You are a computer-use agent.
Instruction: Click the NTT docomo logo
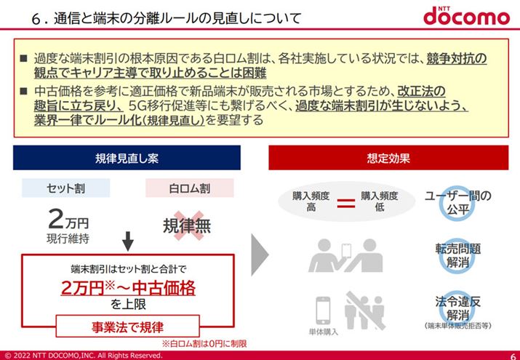tap(466, 15)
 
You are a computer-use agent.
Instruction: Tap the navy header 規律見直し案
tap(127, 158)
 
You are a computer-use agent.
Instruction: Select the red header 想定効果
tap(388, 158)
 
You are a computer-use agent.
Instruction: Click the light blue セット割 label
tap(65, 188)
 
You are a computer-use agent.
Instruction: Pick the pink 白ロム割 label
tap(189, 188)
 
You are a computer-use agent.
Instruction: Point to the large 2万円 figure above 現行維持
tap(68, 220)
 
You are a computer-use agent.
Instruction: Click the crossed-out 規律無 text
tap(187, 226)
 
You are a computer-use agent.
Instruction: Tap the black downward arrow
tap(128, 241)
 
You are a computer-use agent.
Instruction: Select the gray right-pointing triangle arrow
tap(260, 255)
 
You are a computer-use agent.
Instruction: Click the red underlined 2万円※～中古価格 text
tap(128, 288)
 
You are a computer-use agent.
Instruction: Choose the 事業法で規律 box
tap(128, 327)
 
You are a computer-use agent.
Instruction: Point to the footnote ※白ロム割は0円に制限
tap(204, 344)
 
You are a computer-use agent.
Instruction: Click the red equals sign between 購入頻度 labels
tap(346, 203)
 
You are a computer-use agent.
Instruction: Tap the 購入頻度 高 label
tap(311, 201)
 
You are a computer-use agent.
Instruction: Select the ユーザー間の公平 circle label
tap(458, 202)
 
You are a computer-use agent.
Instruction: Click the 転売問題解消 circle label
tap(458, 255)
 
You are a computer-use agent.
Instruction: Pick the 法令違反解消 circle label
tap(458, 308)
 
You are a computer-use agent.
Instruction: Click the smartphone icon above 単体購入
tap(323, 311)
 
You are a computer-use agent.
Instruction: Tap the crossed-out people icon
tap(365, 311)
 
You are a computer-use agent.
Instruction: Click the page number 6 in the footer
tap(513, 356)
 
